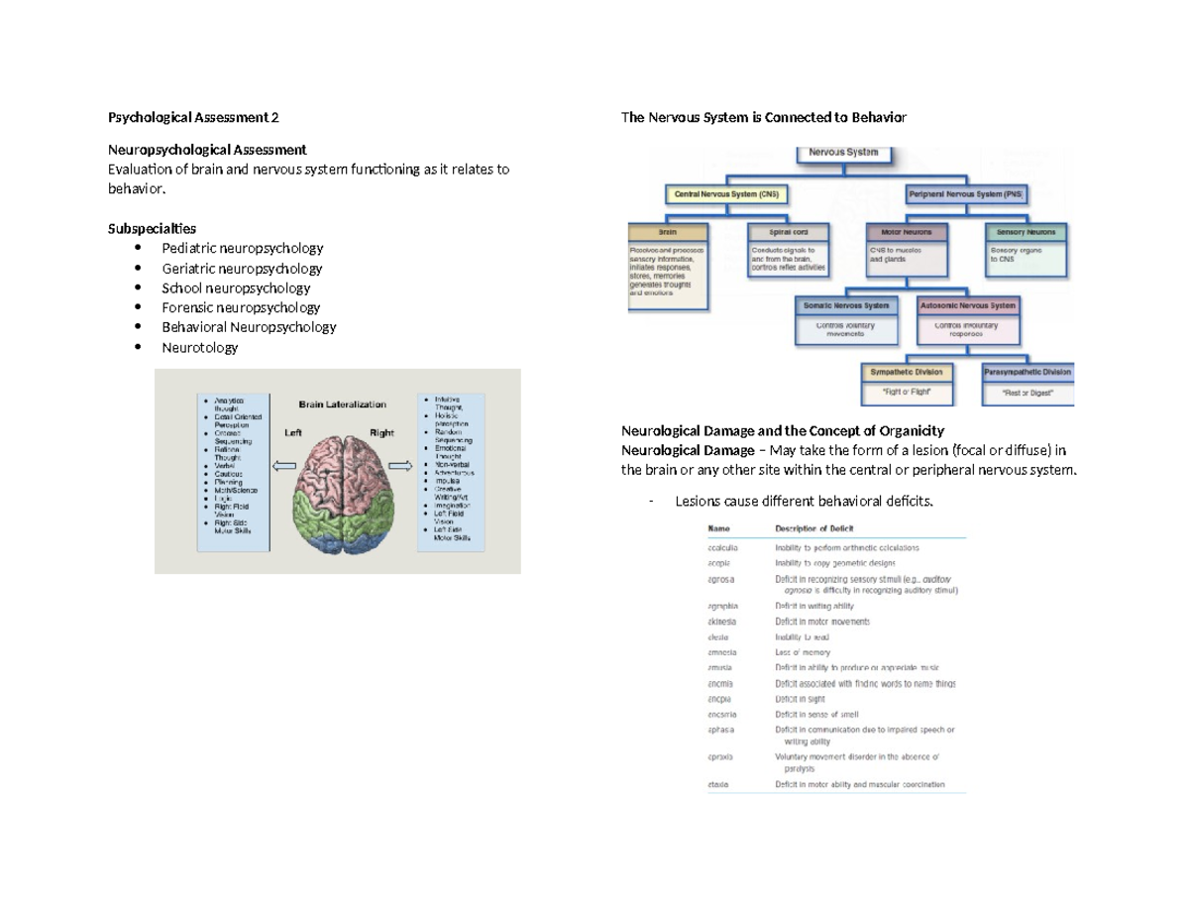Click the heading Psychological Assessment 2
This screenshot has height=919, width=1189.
pos(193,118)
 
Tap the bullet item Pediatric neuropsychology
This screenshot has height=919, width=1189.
pos(242,249)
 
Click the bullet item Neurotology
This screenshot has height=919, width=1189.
pos(199,347)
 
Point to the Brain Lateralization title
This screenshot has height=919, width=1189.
pos(343,404)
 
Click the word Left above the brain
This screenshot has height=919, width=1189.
pos(293,432)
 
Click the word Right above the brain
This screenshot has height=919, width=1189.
pos(381,432)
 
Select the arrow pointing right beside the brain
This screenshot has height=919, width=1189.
pos(401,464)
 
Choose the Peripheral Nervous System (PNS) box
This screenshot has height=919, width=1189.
pos(965,194)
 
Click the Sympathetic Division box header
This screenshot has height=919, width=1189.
pos(907,373)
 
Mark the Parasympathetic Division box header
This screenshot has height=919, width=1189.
pos(1027,373)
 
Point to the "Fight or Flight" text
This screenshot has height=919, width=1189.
pos(907,393)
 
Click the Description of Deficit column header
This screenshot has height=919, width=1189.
pos(814,529)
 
